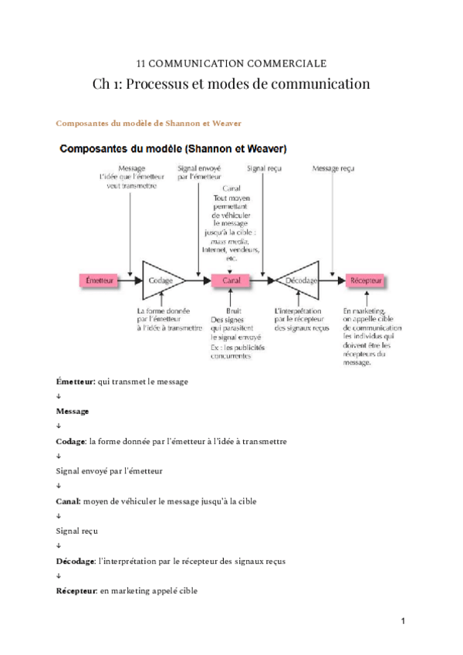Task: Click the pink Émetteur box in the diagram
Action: [x=98, y=281]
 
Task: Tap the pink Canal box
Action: [x=231, y=281]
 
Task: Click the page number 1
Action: [x=403, y=620]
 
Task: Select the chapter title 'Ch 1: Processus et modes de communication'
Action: [x=231, y=83]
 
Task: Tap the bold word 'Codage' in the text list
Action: [x=71, y=441]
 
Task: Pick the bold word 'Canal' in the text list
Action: [x=68, y=501]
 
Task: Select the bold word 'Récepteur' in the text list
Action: [x=76, y=591]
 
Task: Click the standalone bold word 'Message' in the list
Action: [x=73, y=411]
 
